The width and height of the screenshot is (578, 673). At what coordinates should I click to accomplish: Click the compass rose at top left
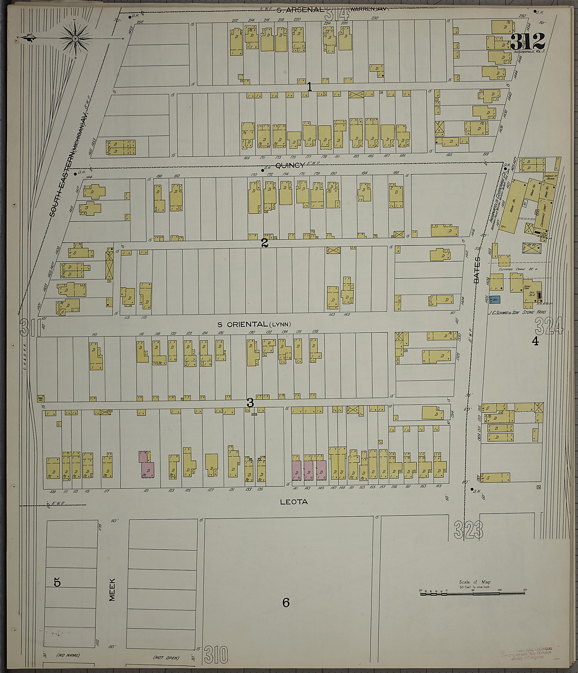(75, 38)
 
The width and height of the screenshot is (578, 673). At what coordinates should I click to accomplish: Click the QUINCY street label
(290, 165)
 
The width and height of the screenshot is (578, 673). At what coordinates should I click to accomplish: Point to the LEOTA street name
(294, 502)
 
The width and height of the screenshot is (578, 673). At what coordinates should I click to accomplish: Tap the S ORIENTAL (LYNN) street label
(254, 324)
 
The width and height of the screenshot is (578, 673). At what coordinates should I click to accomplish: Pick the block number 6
(286, 603)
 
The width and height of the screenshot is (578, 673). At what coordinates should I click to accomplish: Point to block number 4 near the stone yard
(535, 341)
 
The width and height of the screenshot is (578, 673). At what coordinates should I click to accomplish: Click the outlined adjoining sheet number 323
(468, 530)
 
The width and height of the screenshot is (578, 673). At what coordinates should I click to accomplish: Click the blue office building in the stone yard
(494, 300)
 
